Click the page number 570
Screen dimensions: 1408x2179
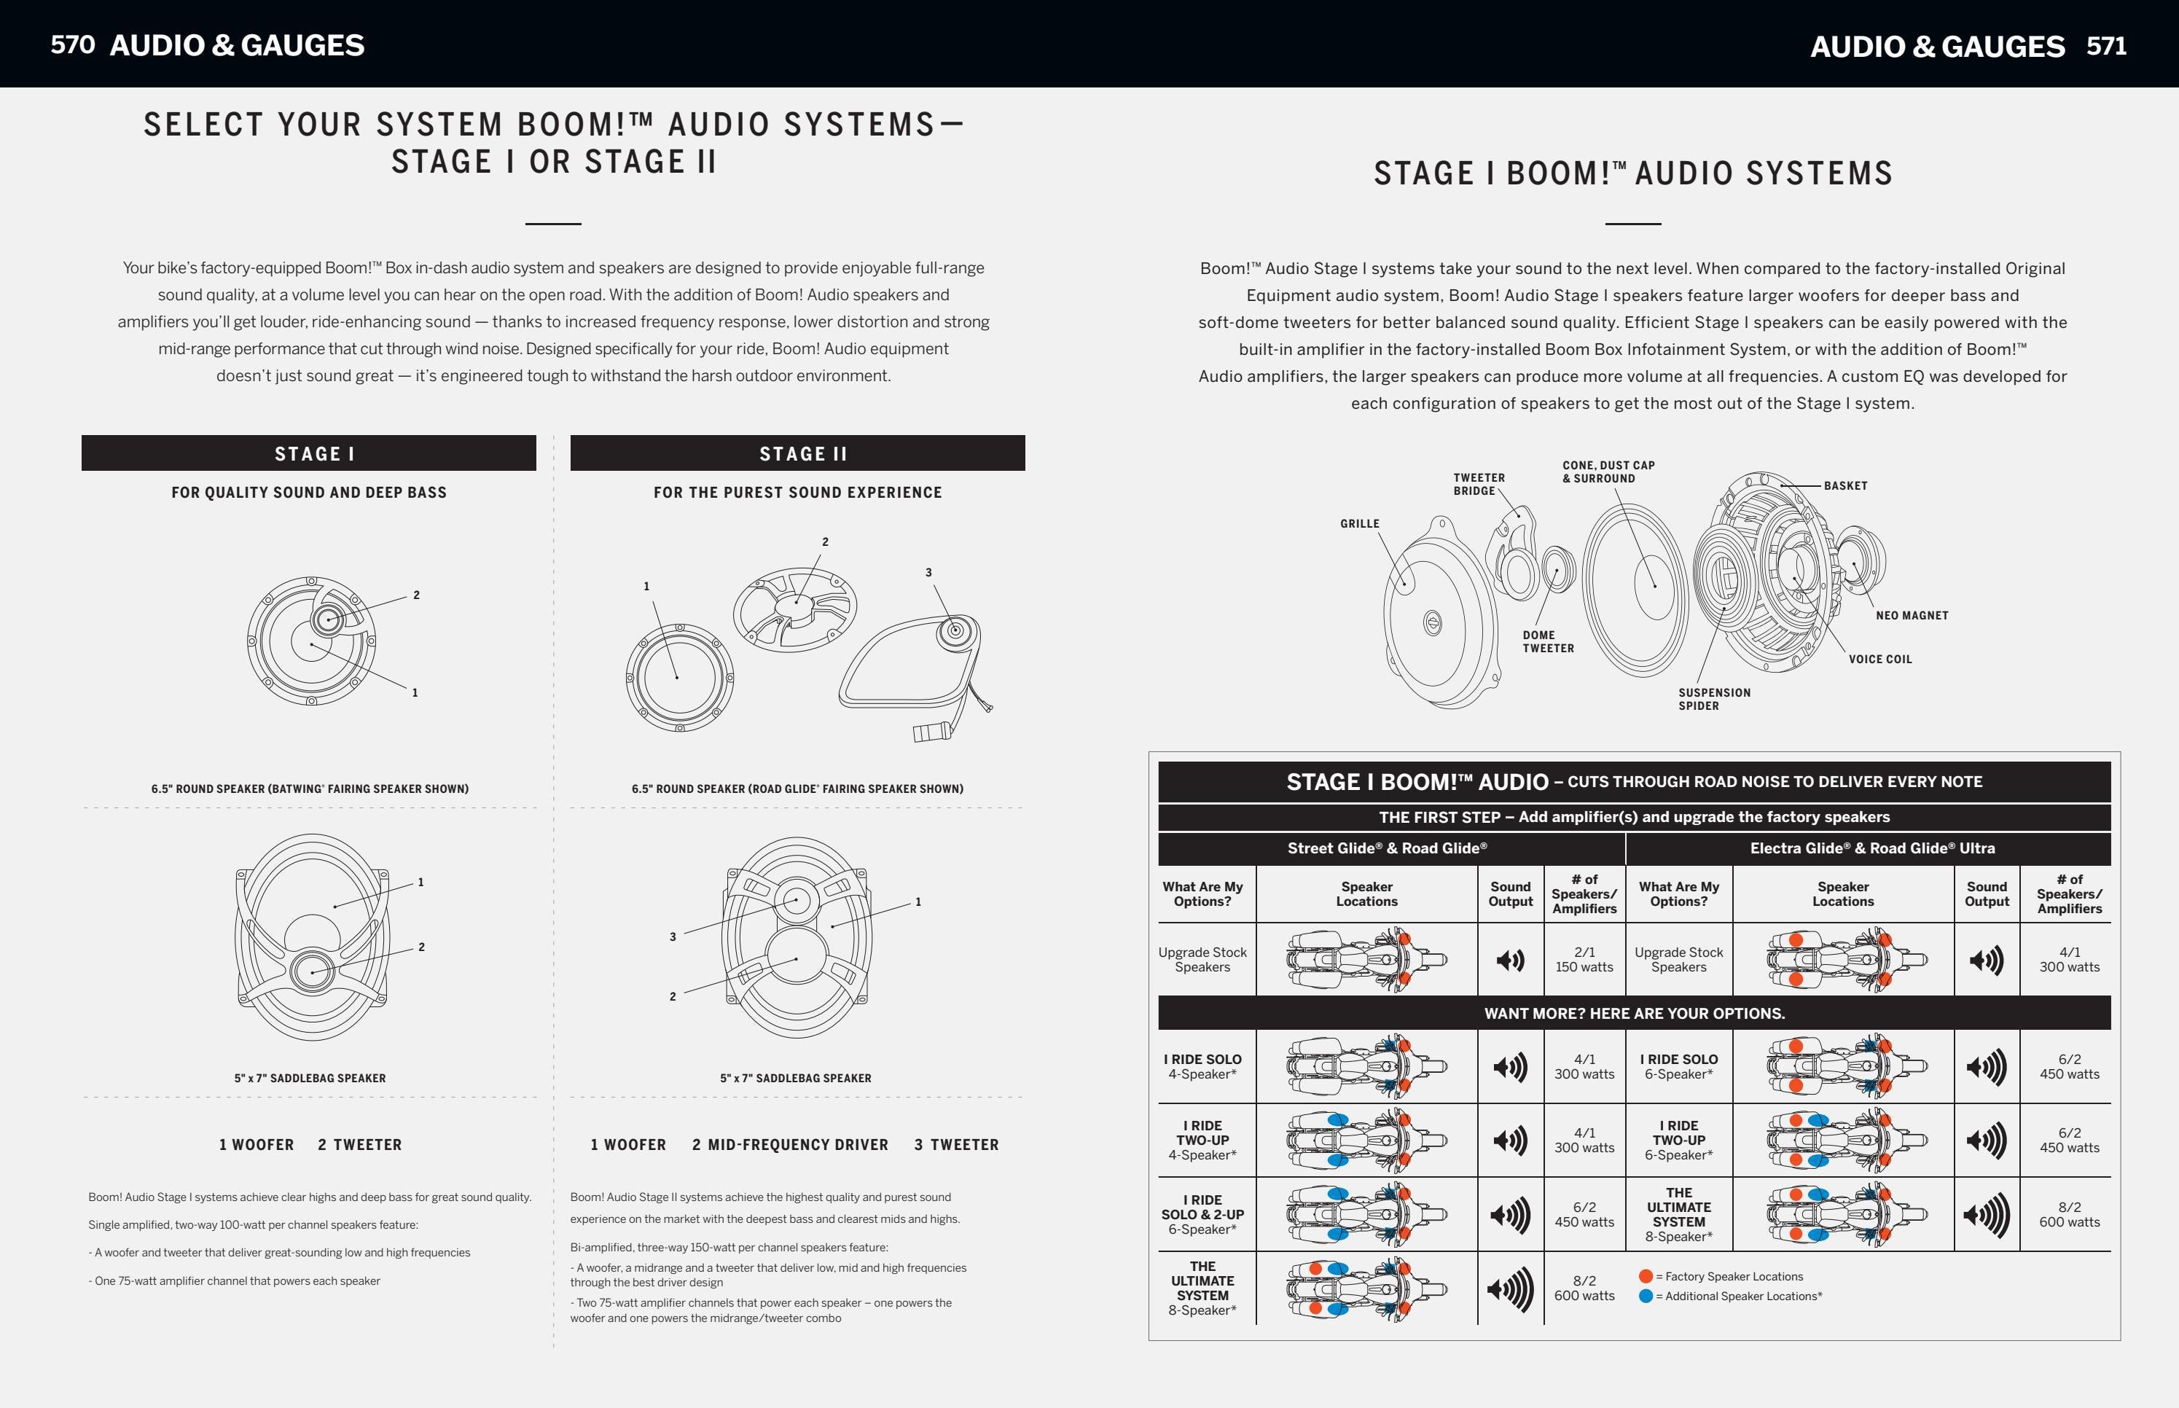[x=72, y=44]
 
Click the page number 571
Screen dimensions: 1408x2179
[x=2106, y=46]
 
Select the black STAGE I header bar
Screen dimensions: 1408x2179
[x=308, y=453]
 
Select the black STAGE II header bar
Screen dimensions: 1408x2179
[x=797, y=453]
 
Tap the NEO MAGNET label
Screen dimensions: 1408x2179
[x=1912, y=615]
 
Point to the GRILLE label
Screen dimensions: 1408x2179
[x=1359, y=524]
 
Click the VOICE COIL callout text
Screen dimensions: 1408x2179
[x=1879, y=660]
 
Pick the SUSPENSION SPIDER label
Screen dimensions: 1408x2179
[x=1714, y=698]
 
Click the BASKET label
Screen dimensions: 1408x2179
[x=1844, y=485]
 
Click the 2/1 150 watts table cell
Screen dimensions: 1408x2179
[x=1584, y=959]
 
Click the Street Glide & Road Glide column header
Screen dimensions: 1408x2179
[x=1387, y=848]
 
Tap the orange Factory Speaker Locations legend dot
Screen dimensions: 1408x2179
[x=1646, y=1276]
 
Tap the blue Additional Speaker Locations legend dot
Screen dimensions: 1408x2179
[x=1646, y=1296]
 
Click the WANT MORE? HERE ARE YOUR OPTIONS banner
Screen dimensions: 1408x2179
[x=1633, y=1013]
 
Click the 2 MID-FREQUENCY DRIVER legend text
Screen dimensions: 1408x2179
[x=790, y=1145]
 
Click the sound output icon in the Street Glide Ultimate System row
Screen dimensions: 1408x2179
[x=1510, y=1288]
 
